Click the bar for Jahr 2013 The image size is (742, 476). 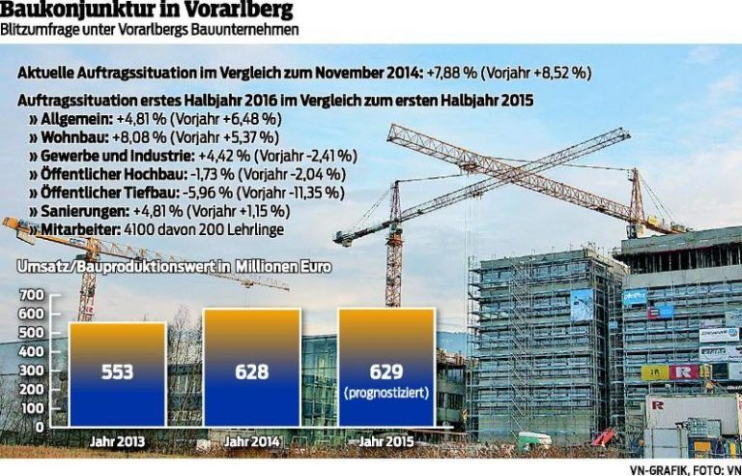click(x=117, y=373)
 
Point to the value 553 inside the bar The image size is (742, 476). click(x=117, y=372)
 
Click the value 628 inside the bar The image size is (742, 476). click(x=251, y=371)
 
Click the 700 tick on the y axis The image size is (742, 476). click(x=31, y=294)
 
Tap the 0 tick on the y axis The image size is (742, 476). click(x=39, y=427)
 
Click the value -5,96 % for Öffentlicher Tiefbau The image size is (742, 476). click(x=204, y=193)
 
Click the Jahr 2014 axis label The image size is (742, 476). click(x=251, y=442)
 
